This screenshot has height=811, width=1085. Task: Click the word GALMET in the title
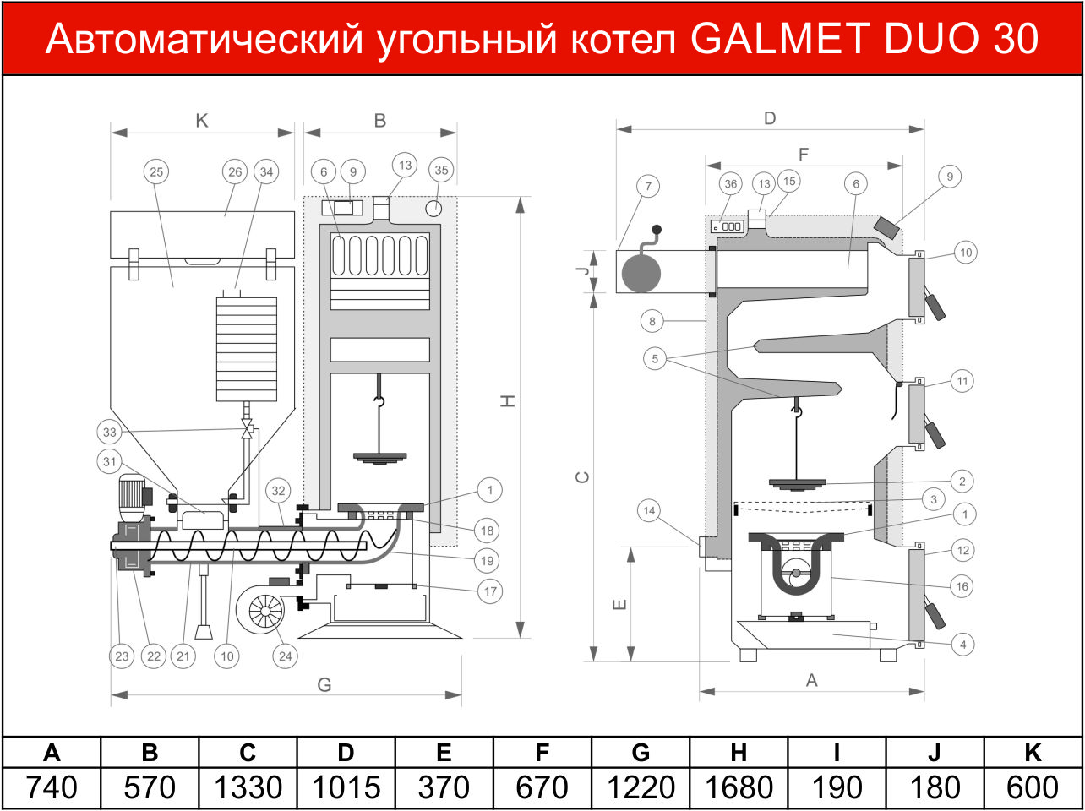779,38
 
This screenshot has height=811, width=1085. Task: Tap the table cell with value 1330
248,788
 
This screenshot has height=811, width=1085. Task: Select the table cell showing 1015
346,788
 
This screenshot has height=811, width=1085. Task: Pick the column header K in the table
1033,753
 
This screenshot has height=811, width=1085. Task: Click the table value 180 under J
935,788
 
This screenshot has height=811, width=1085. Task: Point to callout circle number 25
156,172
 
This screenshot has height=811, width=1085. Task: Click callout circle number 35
441,170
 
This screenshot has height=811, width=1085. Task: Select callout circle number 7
648,187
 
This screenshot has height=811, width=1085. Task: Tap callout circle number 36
731,184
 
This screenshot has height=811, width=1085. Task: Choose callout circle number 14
649,510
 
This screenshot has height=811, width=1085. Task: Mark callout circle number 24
286,656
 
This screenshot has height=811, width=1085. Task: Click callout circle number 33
109,432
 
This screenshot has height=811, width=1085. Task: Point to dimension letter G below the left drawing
324,684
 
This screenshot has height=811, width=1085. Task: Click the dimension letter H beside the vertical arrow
508,400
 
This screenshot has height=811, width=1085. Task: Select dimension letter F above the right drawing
804,155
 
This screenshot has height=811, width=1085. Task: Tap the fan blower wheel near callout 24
265,612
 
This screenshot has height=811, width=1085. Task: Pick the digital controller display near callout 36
727,226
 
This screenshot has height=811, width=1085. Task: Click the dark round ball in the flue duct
641,272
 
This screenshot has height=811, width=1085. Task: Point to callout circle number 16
962,586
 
